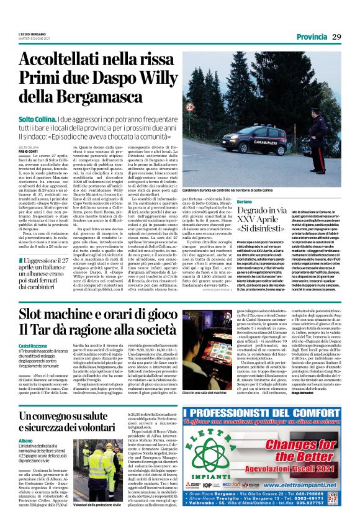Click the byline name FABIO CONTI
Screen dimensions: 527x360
click(28, 151)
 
